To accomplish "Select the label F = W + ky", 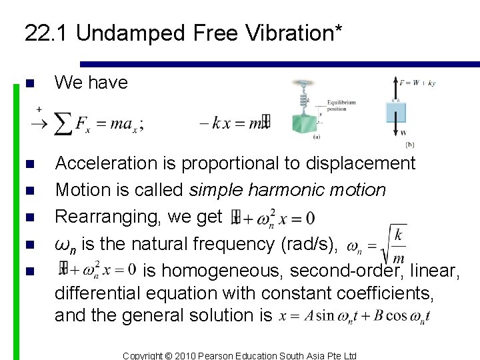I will [417, 83].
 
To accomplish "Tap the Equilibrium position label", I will [341, 106].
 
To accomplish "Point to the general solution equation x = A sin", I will [354, 316].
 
